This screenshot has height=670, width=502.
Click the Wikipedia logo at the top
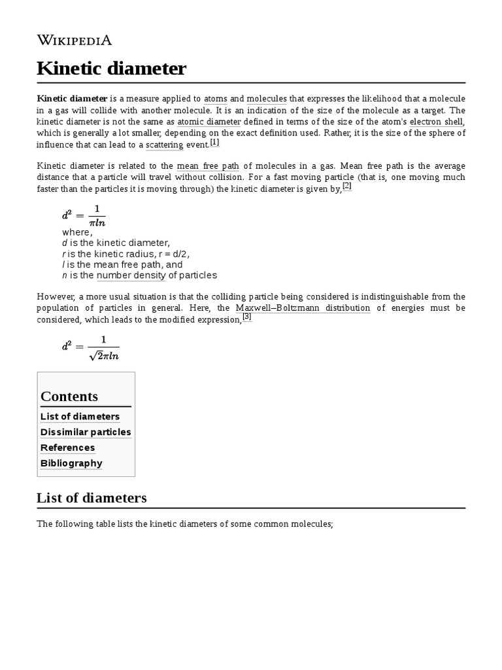pos(75,40)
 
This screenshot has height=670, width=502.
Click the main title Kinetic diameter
pos(112,68)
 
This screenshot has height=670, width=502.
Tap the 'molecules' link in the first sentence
pos(267,99)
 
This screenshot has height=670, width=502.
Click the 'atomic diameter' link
pos(209,122)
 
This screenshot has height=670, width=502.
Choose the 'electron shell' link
pos(437,122)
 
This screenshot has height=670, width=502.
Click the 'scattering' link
pos(164,145)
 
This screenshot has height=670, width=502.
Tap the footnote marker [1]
pos(214,143)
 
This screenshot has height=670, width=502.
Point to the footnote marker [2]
pos(346,186)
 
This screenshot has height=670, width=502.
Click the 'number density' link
pos(131,275)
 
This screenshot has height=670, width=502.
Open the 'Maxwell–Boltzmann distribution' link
pos(303,308)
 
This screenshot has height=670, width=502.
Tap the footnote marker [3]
pos(246,317)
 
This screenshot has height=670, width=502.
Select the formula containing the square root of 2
pos(91,347)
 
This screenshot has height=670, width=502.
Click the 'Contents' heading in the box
pos(69,397)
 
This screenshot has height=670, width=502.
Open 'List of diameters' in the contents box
pos(80,417)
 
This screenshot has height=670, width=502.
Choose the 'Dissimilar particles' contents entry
pos(86,432)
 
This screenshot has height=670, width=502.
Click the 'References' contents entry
pos(67,448)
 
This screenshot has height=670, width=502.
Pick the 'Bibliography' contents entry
pos(71,463)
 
